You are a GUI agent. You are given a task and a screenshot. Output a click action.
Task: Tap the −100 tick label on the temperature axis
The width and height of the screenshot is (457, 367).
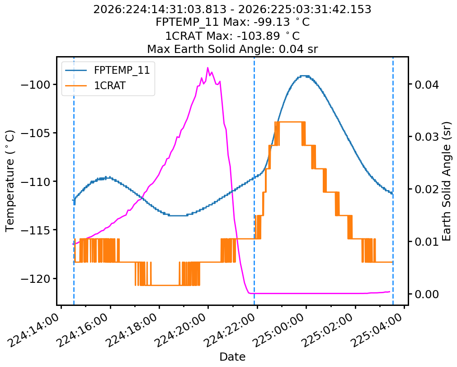[36, 85]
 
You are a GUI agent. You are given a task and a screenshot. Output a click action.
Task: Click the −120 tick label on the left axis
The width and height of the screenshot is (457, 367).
[36, 279]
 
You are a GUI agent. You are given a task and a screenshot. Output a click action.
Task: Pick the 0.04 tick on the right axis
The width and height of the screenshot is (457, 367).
[427, 85]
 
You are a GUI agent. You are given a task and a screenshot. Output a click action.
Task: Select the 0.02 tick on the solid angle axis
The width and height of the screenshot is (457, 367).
[427, 189]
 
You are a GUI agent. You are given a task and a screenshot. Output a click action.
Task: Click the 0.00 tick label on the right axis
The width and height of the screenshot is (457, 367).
[427, 294]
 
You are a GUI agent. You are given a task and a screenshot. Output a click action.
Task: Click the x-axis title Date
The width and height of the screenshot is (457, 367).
[232, 357]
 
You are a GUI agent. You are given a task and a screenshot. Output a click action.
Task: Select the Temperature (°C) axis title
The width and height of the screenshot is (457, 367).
[9, 181]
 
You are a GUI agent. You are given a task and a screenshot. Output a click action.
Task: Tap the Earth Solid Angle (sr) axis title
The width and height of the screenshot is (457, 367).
[446, 181]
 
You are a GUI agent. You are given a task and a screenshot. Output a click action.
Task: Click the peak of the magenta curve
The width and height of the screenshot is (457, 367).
[208, 68]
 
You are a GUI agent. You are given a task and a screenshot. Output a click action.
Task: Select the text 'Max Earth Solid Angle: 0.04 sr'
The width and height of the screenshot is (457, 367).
[232, 49]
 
